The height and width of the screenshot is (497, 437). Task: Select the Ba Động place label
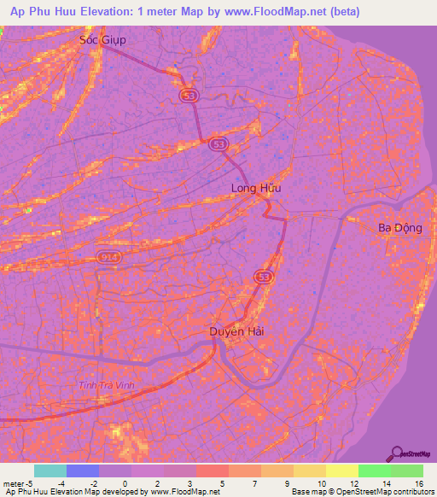tap(400, 228)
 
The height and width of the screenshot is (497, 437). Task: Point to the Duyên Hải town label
tap(234, 331)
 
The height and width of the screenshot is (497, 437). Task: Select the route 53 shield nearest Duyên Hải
tap(263, 277)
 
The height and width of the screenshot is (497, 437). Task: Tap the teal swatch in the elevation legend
tap(50, 471)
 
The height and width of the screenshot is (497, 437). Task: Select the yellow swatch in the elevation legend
tap(341, 471)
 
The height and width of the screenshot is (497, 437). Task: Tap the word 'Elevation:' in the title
tap(104, 12)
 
